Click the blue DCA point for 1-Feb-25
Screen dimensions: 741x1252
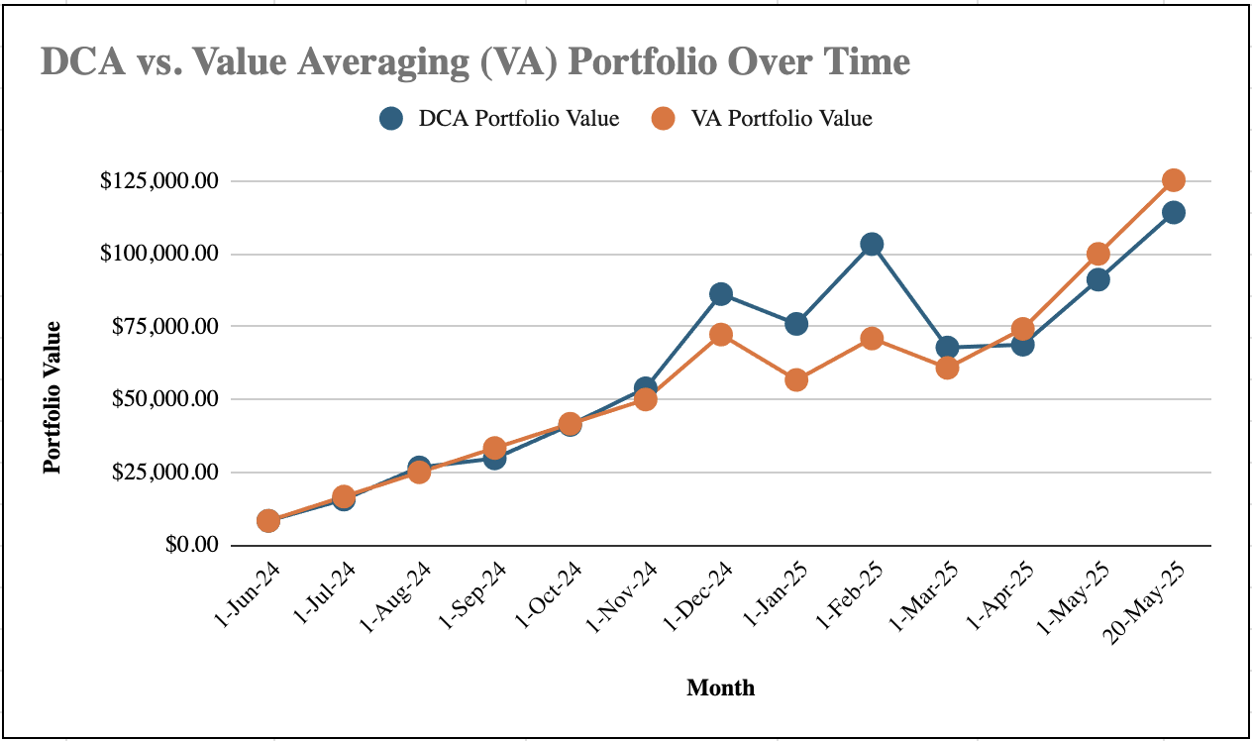[x=872, y=244]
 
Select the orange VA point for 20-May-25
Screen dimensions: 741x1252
[x=1174, y=180]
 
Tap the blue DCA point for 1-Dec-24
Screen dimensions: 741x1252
[x=721, y=294]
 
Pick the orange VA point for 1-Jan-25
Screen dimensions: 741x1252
[x=796, y=379]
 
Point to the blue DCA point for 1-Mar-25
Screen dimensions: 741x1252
[x=947, y=348]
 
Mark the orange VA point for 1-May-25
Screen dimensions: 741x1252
[x=1097, y=254]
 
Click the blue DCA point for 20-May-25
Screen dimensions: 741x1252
[x=1174, y=212]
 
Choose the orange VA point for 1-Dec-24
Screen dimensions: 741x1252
[x=721, y=335]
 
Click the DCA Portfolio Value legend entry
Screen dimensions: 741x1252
[x=500, y=119]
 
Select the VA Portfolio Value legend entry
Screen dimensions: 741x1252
[x=762, y=119]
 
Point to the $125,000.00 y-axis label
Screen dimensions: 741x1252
[x=158, y=181]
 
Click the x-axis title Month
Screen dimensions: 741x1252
[x=720, y=688]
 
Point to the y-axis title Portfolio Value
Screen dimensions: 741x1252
[x=52, y=396]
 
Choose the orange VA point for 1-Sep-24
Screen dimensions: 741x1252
[x=494, y=448]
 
